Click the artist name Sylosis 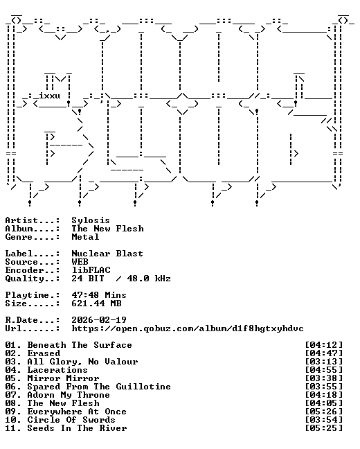pyautogui.click(x=91, y=220)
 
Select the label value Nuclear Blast pyautogui.click(x=107, y=254)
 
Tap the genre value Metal pyautogui.click(x=85, y=237)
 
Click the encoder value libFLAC pyautogui.click(x=91, y=270)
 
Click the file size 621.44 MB pyautogui.click(x=96, y=303)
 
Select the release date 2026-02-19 pyautogui.click(x=99, y=320)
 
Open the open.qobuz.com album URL pyautogui.click(x=188, y=328)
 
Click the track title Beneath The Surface pyautogui.click(x=80, y=345)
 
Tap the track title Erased pyautogui.click(x=44, y=353)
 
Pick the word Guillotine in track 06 pyautogui.click(x=143, y=387)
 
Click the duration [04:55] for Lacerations pyautogui.click(x=324, y=370)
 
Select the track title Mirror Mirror pyautogui.click(x=63, y=378)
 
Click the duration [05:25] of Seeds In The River pyautogui.click(x=324, y=428)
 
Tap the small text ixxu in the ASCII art pyautogui.click(x=50, y=96)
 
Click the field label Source pyautogui.click(x=21, y=262)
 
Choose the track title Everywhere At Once pyautogui.click(x=77, y=412)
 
